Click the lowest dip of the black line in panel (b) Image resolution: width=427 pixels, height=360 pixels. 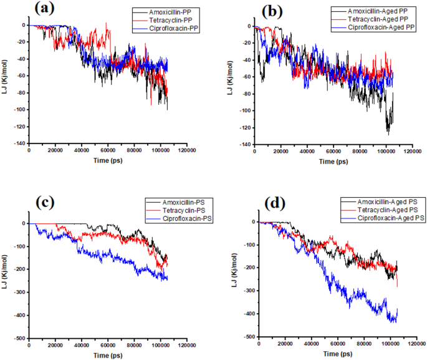pos(388,134)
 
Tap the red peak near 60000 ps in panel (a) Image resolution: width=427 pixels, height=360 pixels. pos(107,24)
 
